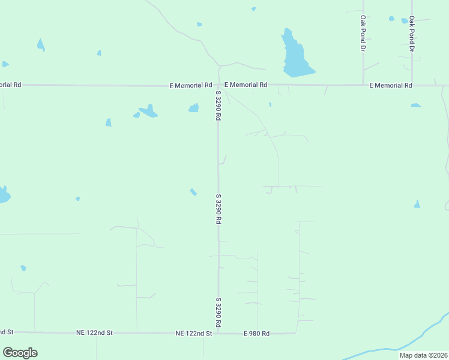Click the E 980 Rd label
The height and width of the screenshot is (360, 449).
(x=256, y=333)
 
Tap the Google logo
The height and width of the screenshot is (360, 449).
(x=20, y=353)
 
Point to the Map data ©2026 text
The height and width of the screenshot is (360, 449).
(x=423, y=355)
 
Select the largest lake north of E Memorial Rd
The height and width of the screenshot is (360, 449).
(x=295, y=56)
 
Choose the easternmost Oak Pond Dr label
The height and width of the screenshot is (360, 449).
(x=412, y=33)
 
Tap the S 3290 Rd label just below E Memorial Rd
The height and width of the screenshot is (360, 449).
(x=218, y=105)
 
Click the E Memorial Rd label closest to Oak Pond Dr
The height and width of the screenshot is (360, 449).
(x=391, y=85)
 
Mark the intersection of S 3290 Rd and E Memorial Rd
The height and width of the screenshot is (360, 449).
(x=218, y=85)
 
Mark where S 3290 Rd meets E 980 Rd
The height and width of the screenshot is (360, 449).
(x=218, y=333)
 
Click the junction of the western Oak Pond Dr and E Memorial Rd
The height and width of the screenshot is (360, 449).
(x=363, y=85)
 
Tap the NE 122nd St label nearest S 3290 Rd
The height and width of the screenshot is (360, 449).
(x=194, y=333)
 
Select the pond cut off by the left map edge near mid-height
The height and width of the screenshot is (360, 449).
(x=4, y=195)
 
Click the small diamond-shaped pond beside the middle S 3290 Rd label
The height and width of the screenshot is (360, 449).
(x=193, y=192)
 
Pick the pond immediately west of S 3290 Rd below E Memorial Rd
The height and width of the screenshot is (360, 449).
(x=194, y=108)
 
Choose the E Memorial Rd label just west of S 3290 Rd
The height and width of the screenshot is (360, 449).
(x=191, y=85)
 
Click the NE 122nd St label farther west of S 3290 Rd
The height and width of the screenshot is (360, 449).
(x=94, y=332)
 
